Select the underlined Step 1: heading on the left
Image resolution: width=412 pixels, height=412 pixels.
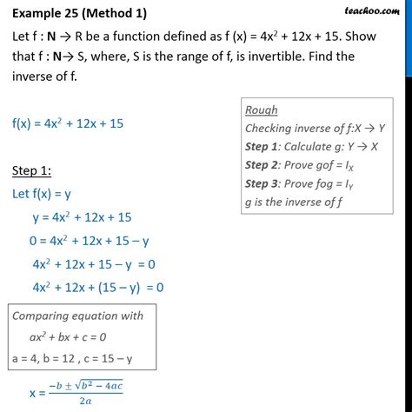pos(35,168)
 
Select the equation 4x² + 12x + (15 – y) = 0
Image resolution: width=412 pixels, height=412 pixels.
pos(97,286)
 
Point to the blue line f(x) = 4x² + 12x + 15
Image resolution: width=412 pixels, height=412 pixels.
pos(68,124)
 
